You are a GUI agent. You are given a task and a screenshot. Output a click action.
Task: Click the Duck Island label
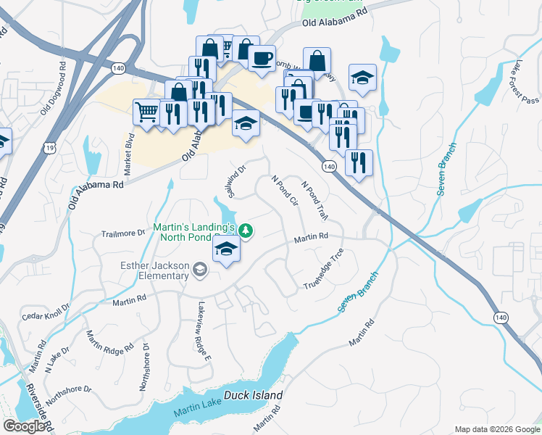coord(253,396)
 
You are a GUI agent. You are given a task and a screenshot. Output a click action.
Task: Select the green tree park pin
coord(246,231)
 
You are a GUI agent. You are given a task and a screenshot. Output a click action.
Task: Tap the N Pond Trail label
coord(315,200)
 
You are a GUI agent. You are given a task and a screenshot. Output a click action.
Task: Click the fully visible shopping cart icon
coord(147,112)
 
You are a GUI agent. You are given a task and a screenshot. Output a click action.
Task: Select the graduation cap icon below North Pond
coord(226,250)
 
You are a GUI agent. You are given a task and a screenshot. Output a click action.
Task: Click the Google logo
coord(23,426)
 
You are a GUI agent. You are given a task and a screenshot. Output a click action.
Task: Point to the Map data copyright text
coord(496,429)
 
